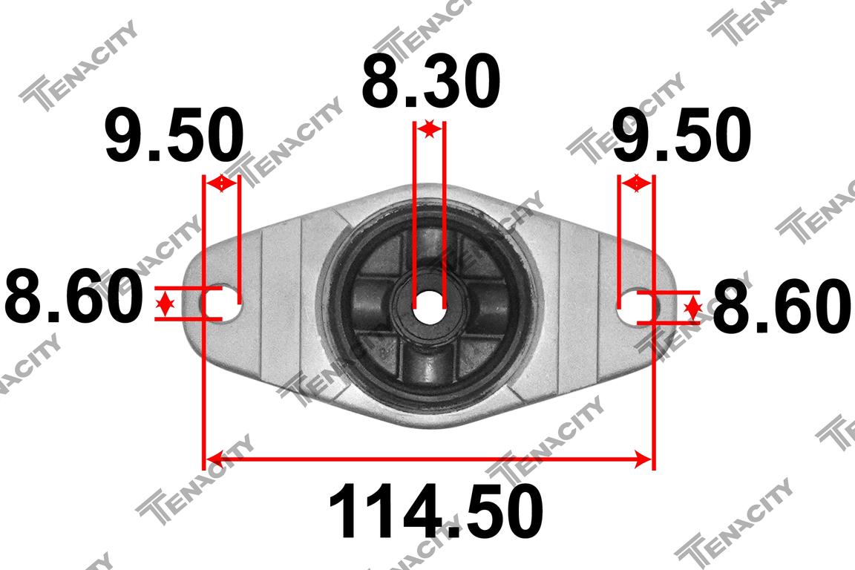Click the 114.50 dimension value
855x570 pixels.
(435, 511)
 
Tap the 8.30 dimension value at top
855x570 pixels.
(430, 81)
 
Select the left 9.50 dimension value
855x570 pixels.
(174, 135)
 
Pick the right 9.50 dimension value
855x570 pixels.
(681, 135)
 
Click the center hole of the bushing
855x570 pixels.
(428, 308)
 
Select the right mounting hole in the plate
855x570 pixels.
(638, 308)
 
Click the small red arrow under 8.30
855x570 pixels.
(430, 129)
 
